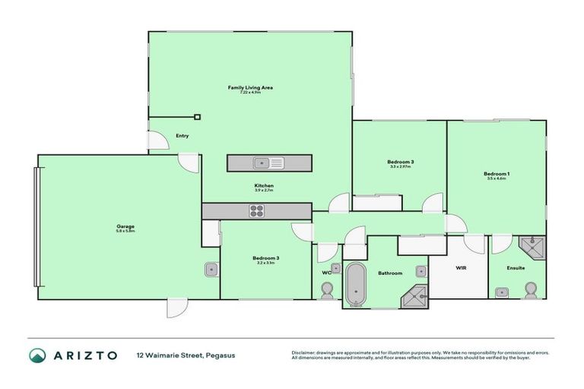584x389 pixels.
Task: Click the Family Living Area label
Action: point(250,88)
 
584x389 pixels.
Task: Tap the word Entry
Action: point(182,136)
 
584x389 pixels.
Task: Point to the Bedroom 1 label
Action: point(496,175)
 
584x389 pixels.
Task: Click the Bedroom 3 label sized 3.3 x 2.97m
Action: point(400,163)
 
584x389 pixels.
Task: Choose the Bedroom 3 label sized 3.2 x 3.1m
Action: point(265,258)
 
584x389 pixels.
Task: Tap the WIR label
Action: point(460,268)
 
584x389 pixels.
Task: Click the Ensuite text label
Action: point(517,268)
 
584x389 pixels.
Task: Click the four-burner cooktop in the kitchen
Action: point(257,211)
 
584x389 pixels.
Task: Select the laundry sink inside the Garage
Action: point(211,270)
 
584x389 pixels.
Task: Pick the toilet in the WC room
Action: point(328,291)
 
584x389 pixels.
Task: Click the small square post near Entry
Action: point(197,117)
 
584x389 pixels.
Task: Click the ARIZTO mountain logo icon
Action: point(38,356)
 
